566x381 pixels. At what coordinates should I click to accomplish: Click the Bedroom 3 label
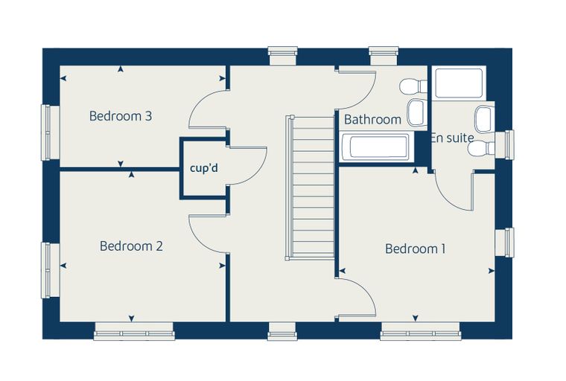pos(121,116)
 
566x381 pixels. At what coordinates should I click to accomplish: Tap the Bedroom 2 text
pos(131,246)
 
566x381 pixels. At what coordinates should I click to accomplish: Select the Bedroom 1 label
pos(415,249)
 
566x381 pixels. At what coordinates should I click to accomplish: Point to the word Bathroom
pos(372,119)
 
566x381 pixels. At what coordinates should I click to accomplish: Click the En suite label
pos(452,138)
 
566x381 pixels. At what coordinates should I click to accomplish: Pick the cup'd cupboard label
pos(204,168)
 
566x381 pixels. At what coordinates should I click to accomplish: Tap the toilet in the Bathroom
pos(413,86)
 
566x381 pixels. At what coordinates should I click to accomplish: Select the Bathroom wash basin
pos(416,112)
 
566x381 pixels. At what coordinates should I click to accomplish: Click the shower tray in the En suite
pos(460,83)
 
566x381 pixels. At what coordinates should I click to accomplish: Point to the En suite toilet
pos(481,148)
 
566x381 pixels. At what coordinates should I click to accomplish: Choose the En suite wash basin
pos(484,119)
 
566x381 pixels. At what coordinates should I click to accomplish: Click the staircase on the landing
pos(310,188)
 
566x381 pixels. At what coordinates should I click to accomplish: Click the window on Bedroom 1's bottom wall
pos(421,331)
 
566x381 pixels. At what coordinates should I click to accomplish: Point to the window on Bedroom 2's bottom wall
pos(134,331)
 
